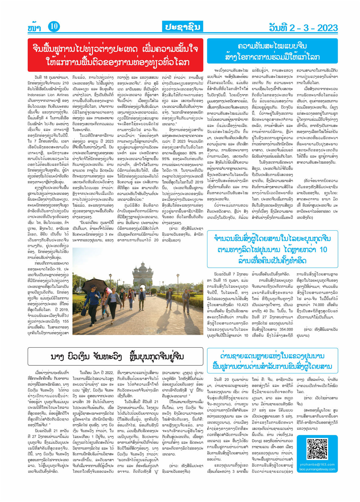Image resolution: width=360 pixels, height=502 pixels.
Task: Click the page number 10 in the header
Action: pos(54,27)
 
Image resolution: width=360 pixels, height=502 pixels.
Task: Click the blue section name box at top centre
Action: pos(182,27)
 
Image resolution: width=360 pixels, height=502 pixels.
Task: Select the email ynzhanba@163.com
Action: pos(317,464)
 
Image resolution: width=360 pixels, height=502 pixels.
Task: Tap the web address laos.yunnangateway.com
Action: pos(317,469)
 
